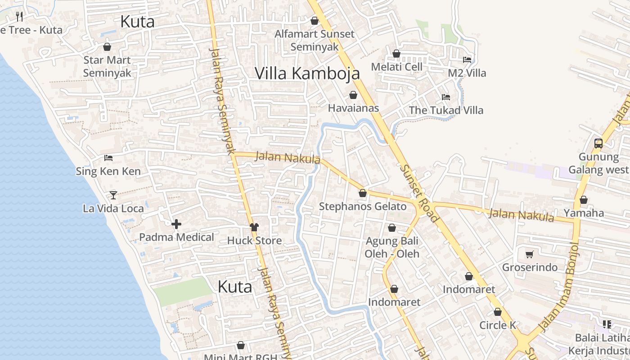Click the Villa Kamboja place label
tap(307, 73)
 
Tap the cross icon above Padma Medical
tap(176, 224)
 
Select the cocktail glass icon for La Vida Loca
tap(113, 195)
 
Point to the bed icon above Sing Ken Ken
tap(108, 158)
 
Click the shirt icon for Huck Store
tap(254, 227)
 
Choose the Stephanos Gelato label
tap(362, 207)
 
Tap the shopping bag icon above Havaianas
tap(353, 95)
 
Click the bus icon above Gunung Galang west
tap(598, 144)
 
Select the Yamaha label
tap(584, 213)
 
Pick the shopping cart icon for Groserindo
tap(530, 254)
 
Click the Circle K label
tap(498, 325)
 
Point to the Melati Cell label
tap(396, 67)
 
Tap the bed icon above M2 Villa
tap(467, 59)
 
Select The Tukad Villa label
tap(445, 110)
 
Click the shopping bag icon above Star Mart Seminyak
tap(107, 47)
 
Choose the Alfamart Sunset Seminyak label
tap(315, 40)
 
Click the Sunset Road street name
tap(419, 193)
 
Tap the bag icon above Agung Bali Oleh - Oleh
tap(392, 228)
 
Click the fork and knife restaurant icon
tap(19, 17)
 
